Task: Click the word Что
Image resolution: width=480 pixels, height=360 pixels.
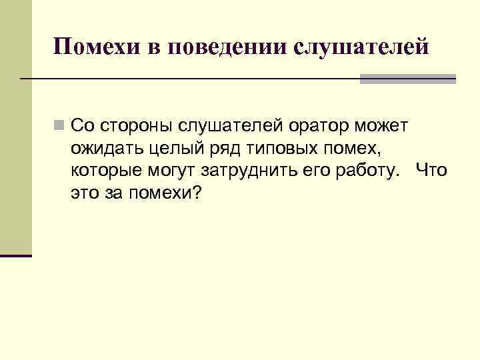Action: pos(431,170)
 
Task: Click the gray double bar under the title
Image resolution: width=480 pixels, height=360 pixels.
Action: pos(407,79)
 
